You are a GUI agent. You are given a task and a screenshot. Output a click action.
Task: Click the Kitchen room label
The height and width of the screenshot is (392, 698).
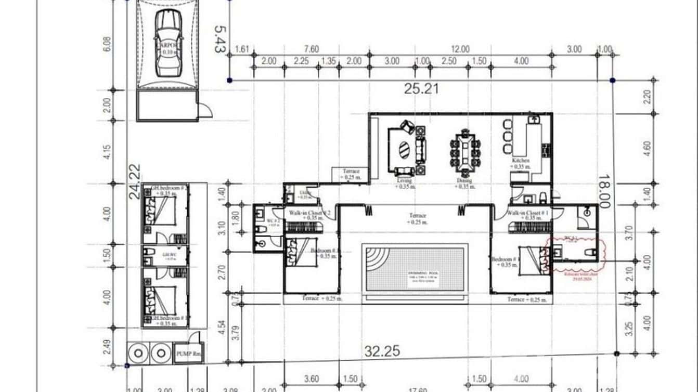pos(521,161)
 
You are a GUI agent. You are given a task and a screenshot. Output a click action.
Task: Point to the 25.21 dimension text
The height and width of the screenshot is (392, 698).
pos(421,89)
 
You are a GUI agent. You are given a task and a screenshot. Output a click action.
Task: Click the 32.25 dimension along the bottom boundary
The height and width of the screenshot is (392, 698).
pos(382,351)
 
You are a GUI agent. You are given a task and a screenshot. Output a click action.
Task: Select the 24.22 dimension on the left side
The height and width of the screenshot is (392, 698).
pos(134,182)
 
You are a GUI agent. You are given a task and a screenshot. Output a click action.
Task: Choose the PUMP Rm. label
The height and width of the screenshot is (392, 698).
pos(188,354)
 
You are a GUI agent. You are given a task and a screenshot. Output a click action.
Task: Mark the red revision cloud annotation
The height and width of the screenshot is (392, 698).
pos(575,255)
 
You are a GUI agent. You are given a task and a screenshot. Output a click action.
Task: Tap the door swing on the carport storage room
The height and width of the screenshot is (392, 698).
pos(206,110)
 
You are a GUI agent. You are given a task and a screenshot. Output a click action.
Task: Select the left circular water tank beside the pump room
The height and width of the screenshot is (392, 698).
pos(138,354)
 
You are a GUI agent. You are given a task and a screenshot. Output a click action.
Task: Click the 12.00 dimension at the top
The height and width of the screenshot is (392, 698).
pos(460,49)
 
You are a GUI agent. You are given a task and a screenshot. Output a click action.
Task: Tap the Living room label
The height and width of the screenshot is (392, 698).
pos(404,181)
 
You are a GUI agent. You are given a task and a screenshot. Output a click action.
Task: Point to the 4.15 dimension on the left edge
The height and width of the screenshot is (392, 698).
pos(107,152)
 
